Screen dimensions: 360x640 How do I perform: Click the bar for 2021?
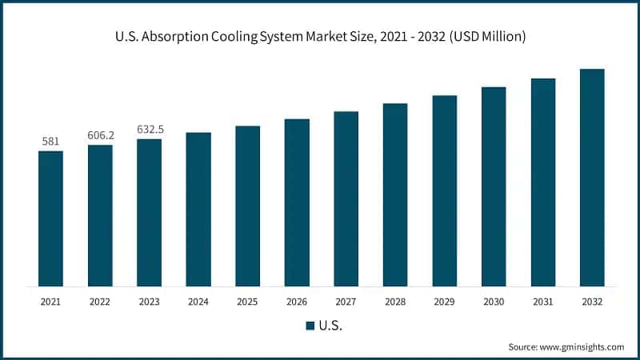pyautogui.click(x=50, y=218)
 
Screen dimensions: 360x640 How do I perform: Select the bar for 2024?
pyautogui.click(x=198, y=209)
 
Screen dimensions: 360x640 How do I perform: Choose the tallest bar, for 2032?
pyautogui.click(x=592, y=178)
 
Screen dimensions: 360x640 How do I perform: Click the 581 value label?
pyautogui.click(x=50, y=142)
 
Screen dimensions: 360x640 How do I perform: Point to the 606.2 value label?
pyautogui.click(x=100, y=135)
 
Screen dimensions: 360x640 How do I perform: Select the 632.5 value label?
pyautogui.click(x=149, y=129)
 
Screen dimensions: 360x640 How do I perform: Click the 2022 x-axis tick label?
pyautogui.click(x=100, y=302)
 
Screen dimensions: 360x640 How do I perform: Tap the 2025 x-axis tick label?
pyautogui.click(x=247, y=302)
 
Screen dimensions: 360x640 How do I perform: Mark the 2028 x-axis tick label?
pyautogui.click(x=395, y=302)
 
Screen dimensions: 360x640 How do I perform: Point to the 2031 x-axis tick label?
pyautogui.click(x=543, y=302)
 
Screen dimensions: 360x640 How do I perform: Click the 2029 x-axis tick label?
pyautogui.click(x=445, y=302)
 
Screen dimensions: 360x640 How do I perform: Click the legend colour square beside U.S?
pyautogui.click(x=310, y=326)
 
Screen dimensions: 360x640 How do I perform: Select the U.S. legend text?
pyautogui.click(x=330, y=326)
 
